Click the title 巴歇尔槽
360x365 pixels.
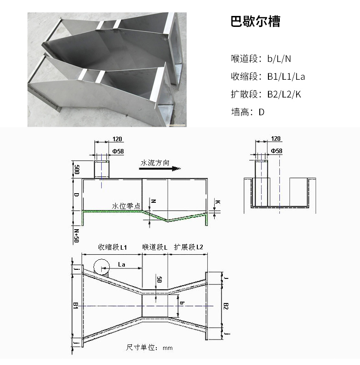(256, 21)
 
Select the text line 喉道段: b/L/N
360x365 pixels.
(261, 59)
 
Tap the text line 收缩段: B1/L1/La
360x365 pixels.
(268, 77)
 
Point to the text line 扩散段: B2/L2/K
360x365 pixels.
(266, 94)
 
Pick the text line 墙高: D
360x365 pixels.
(248, 112)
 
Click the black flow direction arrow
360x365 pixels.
(160, 169)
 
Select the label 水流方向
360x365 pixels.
(155, 163)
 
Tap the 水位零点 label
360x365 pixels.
(126, 206)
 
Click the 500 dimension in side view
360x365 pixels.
(77, 170)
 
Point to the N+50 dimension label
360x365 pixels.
(77, 236)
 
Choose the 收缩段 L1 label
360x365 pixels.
(113, 247)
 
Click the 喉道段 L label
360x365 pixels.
(155, 247)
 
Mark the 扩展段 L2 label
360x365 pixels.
(189, 247)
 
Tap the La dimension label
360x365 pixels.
(122, 264)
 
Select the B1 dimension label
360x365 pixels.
(75, 306)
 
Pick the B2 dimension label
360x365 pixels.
(226, 306)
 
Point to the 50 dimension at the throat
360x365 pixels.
(159, 280)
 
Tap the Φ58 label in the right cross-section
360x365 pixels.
(277, 151)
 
